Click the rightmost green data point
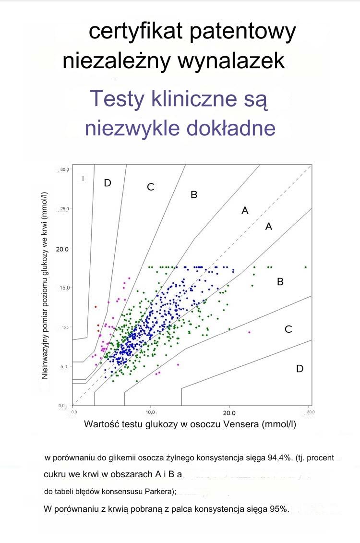point(305,267)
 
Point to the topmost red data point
point(96,306)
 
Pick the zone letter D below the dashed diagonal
point(300,369)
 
